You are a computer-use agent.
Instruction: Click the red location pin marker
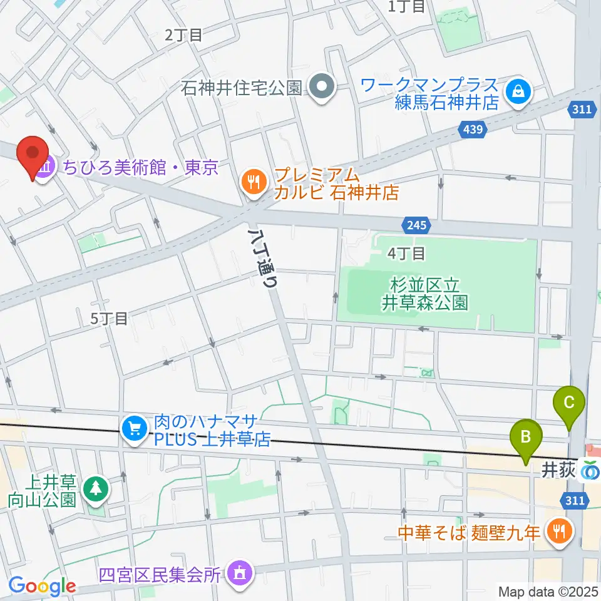[33, 156]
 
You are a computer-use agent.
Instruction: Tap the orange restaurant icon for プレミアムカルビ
[254, 182]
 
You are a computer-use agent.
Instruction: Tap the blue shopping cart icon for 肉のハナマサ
[135, 429]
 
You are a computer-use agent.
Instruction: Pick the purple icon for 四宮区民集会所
[239, 573]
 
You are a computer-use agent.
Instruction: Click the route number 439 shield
[474, 130]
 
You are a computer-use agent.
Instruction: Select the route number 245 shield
[416, 224]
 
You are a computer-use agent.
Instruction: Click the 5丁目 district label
[110, 318]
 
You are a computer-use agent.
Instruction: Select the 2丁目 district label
[183, 35]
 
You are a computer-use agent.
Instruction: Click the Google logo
[41, 586]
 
